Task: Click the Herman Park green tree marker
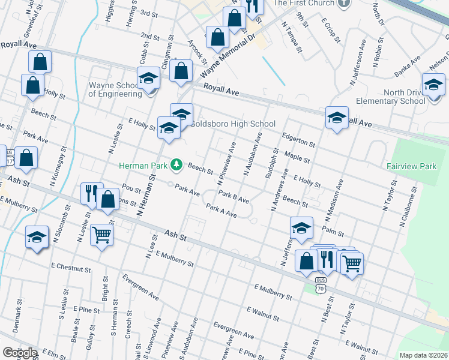pyautogui.click(x=176, y=164)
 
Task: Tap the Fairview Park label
pyautogui.click(x=411, y=166)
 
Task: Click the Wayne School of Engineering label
pyautogui.click(x=115, y=89)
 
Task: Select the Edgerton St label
pyautogui.click(x=298, y=139)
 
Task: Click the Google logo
pyautogui.click(x=20, y=353)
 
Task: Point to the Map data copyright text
pyautogui.click(x=423, y=355)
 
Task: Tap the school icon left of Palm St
pyautogui.click(x=301, y=227)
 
